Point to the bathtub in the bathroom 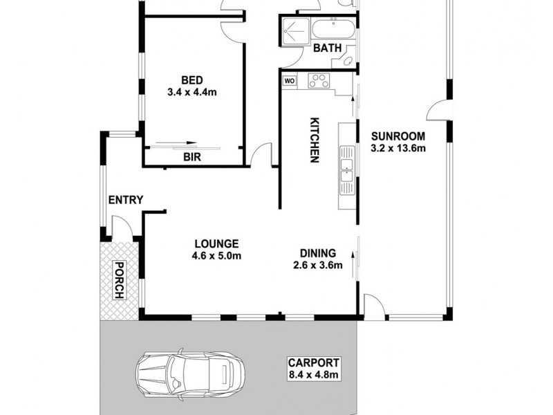tap(332, 30)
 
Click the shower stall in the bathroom tap(295, 30)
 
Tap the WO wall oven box tap(290, 80)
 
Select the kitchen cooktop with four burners tap(319, 81)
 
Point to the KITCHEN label tap(313, 140)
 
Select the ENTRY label tap(125, 201)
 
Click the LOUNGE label tap(216, 243)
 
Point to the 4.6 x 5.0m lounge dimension tap(216, 256)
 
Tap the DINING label tap(317, 252)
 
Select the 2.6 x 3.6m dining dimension tap(317, 265)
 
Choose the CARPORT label tap(315, 363)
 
